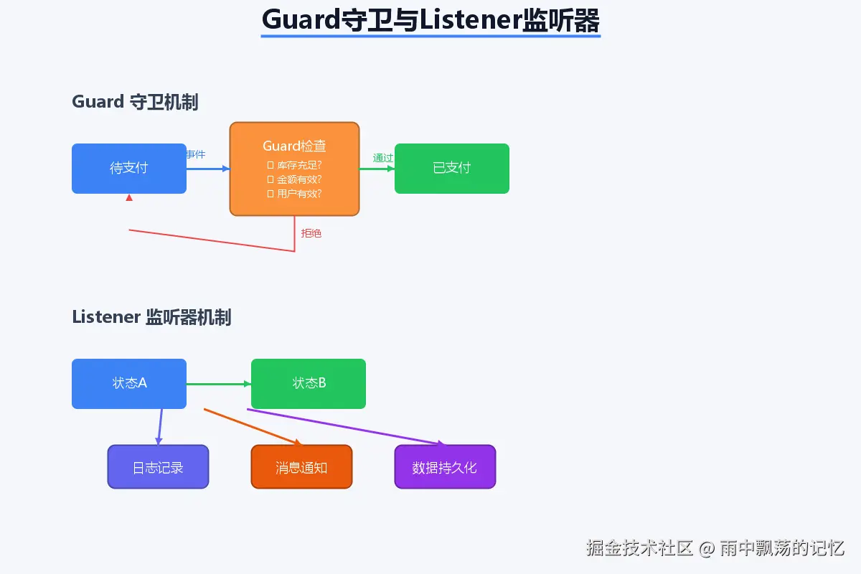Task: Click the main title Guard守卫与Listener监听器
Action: coord(430,20)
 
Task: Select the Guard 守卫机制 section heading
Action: coord(135,102)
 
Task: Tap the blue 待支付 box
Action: coord(129,169)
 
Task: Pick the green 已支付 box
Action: coord(452,169)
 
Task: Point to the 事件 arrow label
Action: coord(195,154)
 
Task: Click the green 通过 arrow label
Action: coord(382,158)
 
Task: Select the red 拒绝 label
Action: coord(311,233)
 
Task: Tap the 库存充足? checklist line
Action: coord(294,165)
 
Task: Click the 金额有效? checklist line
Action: coord(294,179)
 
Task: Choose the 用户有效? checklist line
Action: coord(294,194)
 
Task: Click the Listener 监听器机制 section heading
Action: coord(151,317)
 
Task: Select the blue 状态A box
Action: coord(129,384)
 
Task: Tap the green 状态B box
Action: coord(309,384)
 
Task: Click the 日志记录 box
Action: coord(158,467)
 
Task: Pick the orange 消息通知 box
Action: coord(301,467)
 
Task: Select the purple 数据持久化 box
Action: coord(445,467)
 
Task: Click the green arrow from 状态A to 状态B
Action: coord(218,384)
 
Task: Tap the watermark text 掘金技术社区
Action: coord(639,549)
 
